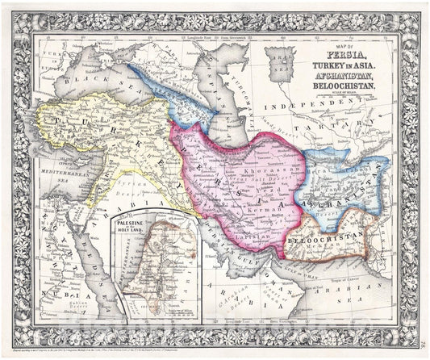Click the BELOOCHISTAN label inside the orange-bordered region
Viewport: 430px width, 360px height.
click(x=320, y=240)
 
